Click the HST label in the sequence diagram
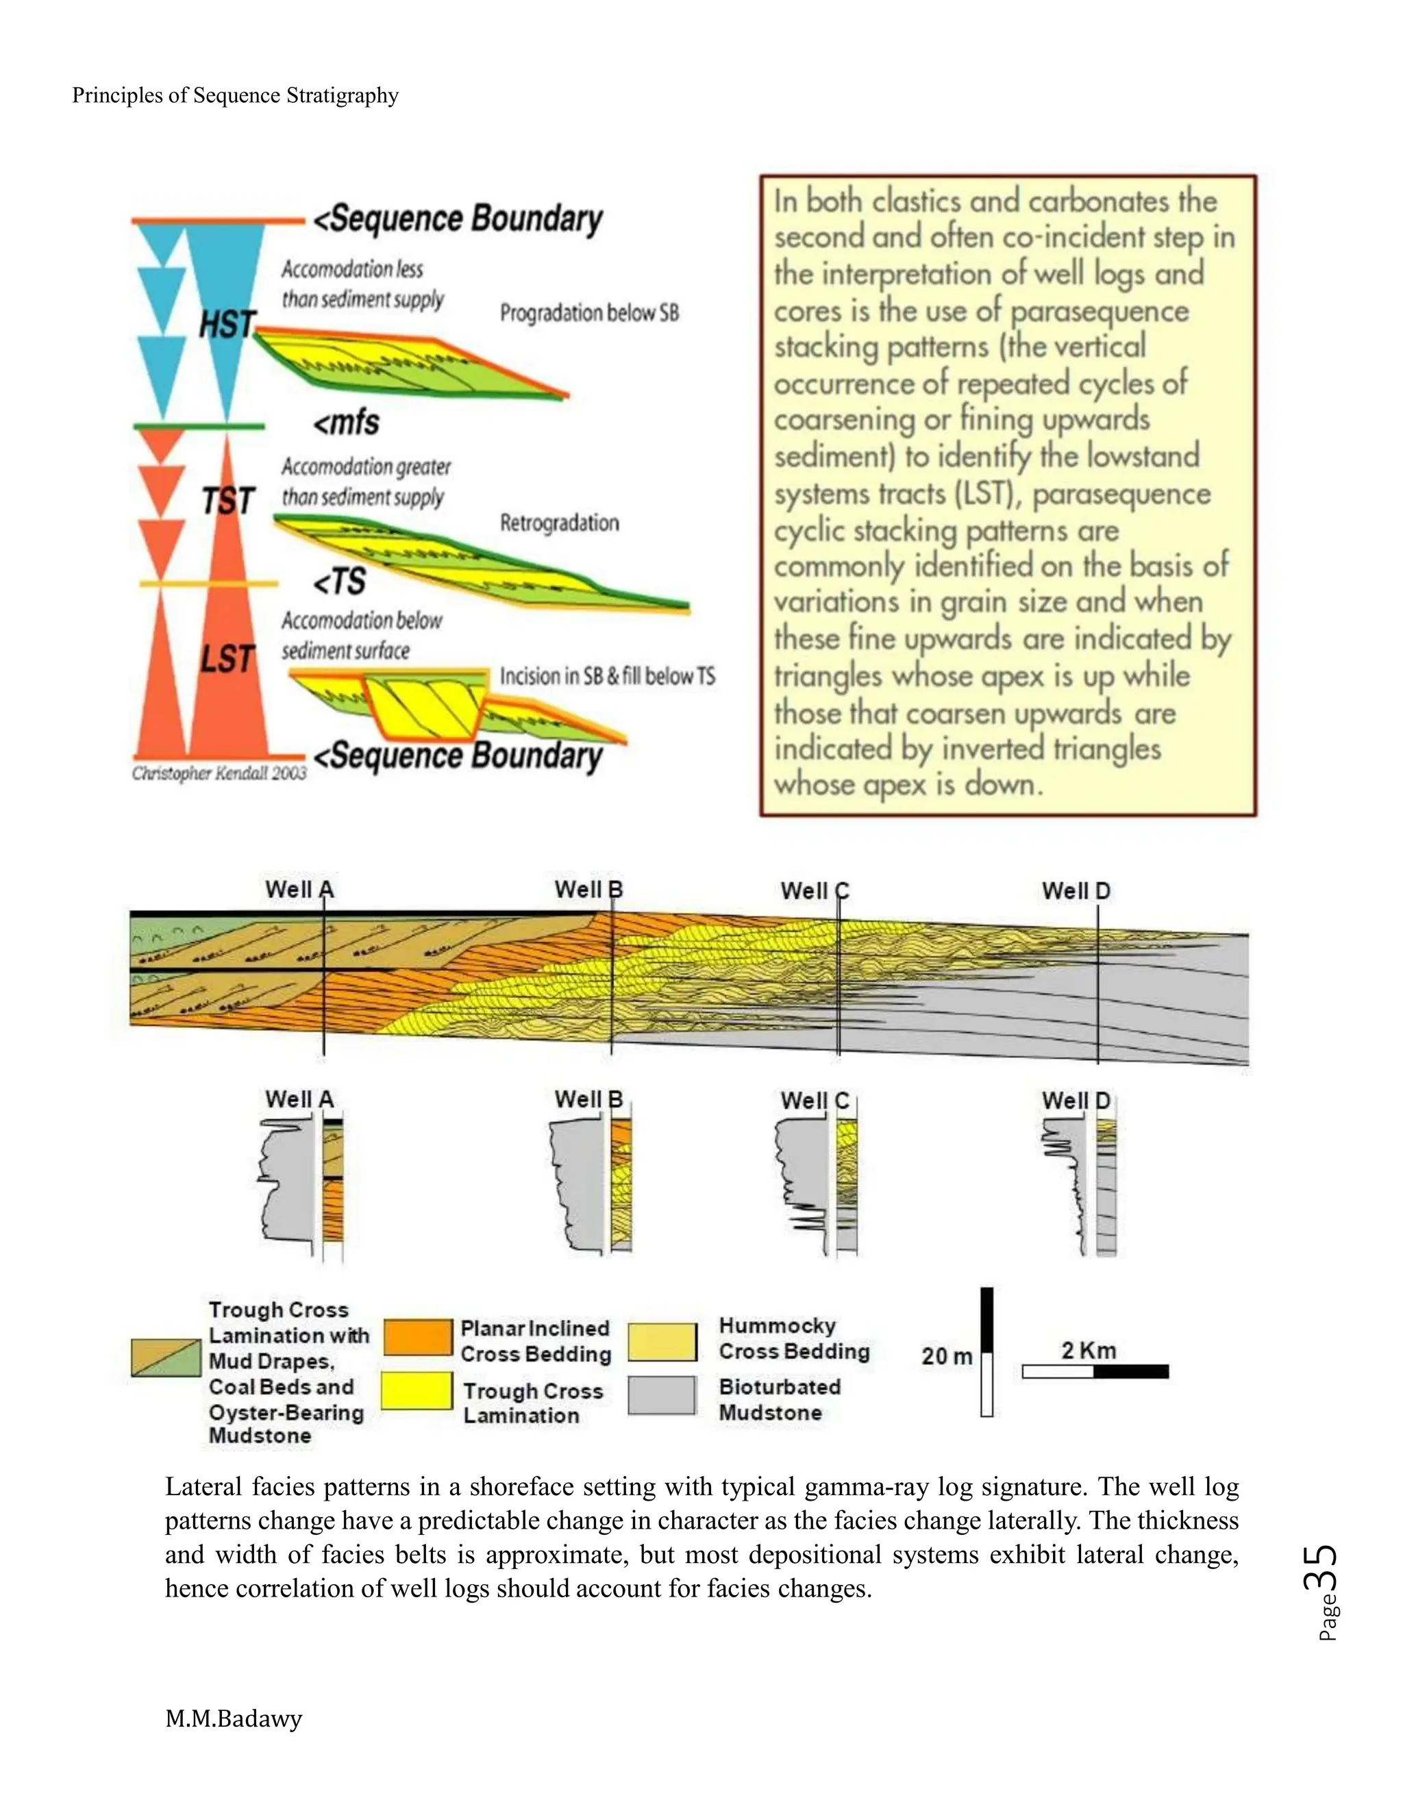click(x=227, y=324)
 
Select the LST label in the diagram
click(x=226, y=658)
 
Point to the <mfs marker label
click(x=346, y=423)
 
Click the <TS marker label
click(x=339, y=581)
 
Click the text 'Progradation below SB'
click(x=589, y=312)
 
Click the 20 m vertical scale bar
click(x=986, y=1352)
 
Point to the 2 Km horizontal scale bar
click(x=1095, y=1371)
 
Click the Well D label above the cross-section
click(x=1076, y=891)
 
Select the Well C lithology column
click(x=846, y=1184)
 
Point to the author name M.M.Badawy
click(x=234, y=1718)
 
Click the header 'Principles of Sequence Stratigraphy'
click(x=235, y=96)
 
